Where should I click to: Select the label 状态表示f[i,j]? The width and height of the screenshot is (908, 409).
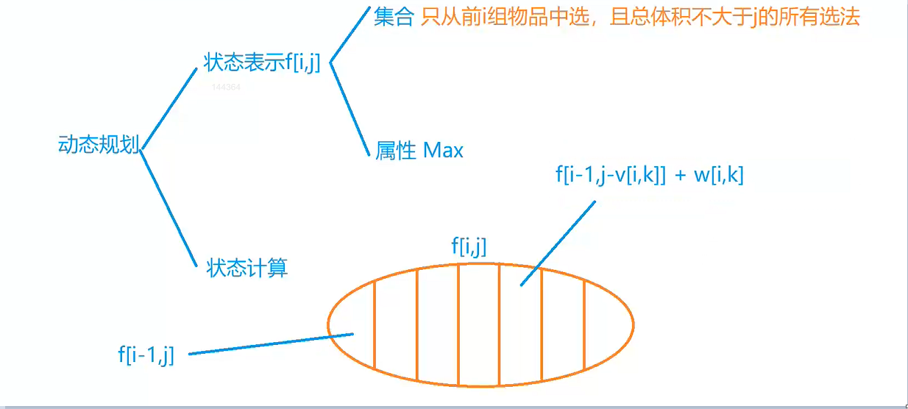tap(261, 63)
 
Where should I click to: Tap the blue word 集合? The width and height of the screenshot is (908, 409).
tap(394, 18)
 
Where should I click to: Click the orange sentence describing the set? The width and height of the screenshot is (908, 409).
tap(640, 18)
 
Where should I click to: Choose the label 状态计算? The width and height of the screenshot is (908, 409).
tap(247, 268)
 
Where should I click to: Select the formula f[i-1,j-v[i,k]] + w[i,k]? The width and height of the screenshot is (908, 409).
tap(650, 175)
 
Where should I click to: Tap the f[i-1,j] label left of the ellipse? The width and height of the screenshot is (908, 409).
tap(146, 356)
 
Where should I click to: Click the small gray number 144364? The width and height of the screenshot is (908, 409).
tap(226, 87)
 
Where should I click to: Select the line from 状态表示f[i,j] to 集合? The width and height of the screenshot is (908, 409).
tap(348, 37)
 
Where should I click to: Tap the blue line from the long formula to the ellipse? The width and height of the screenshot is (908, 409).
tap(558, 242)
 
